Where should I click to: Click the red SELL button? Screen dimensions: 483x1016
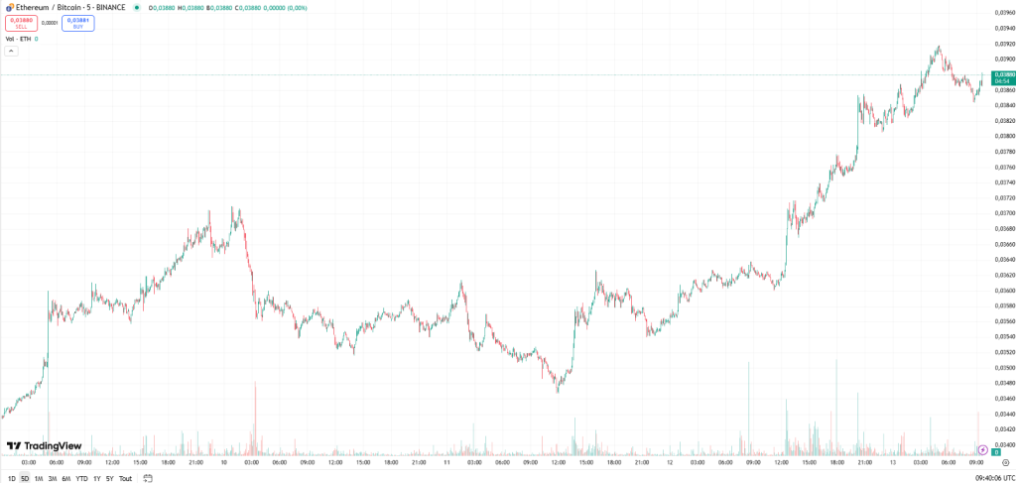pos(22,22)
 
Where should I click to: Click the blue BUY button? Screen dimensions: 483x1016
pos(78,22)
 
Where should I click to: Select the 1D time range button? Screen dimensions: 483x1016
pos(11,478)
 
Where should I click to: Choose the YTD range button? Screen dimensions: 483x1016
pos(81,478)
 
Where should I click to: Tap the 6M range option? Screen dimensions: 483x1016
pos(65,478)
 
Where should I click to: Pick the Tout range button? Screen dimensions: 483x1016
pos(125,478)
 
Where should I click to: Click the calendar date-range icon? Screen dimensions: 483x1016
pos(147,478)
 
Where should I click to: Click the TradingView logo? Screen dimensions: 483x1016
pos(44,446)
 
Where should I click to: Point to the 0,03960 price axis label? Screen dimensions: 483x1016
pos(1004,13)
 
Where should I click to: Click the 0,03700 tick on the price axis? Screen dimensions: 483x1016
pos(1004,213)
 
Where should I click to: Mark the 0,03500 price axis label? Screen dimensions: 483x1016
pos(1004,368)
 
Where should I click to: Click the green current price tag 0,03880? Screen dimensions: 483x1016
pos(1004,77)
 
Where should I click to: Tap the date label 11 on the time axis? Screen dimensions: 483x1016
pos(446,462)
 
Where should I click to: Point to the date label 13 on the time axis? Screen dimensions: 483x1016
pos(893,462)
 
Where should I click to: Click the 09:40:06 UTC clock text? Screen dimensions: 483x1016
pos(993,478)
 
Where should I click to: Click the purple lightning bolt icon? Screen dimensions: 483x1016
pos(983,450)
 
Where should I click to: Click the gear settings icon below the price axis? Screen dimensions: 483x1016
pos(1006,462)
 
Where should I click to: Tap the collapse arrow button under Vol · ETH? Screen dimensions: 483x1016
pos(12,51)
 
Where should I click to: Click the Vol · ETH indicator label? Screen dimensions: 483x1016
pos(18,39)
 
